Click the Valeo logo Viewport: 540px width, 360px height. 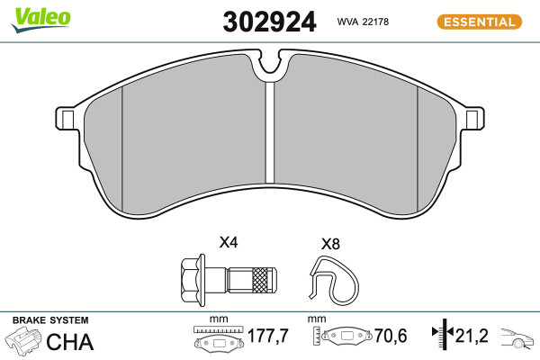coord(40,20)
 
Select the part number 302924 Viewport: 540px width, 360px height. coord(269,22)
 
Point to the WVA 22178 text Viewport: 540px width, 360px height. coord(363,22)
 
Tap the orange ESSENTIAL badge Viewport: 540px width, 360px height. coord(480,22)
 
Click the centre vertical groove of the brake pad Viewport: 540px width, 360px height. coord(270,132)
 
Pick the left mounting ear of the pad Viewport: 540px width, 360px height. coord(67,119)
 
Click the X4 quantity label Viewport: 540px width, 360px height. coord(229,242)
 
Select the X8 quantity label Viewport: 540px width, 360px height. coord(330,244)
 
